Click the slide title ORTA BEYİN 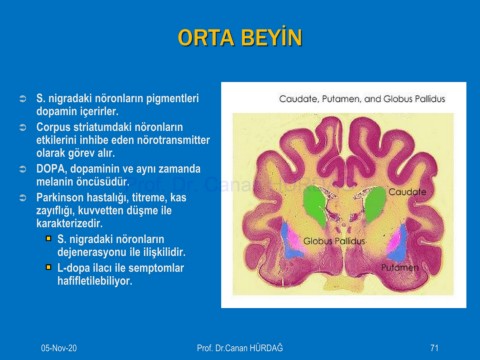coord(240,37)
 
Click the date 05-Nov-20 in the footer coord(59,348)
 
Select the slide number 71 coord(434,348)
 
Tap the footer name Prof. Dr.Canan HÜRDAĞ coord(240,348)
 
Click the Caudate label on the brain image coord(407,192)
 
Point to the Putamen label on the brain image coord(400,267)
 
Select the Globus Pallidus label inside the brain coord(334,241)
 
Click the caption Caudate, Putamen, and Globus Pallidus coord(362,99)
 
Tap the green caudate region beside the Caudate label coord(375,204)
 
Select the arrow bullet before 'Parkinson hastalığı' coord(23,198)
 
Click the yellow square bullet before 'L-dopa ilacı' coord(49,267)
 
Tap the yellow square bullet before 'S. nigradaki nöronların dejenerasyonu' coord(49,239)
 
